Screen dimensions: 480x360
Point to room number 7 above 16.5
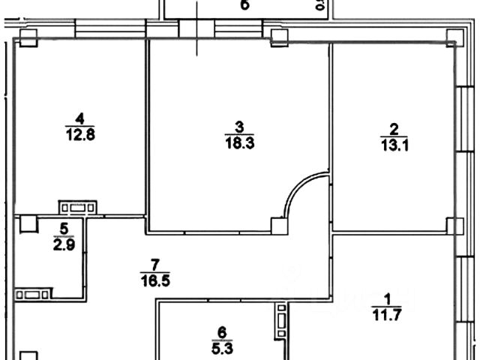click(155, 264)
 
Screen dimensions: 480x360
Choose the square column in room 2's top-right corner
click(453, 37)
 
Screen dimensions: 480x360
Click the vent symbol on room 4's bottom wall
click(78, 207)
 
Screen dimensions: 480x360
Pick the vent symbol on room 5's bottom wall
click(35, 294)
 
